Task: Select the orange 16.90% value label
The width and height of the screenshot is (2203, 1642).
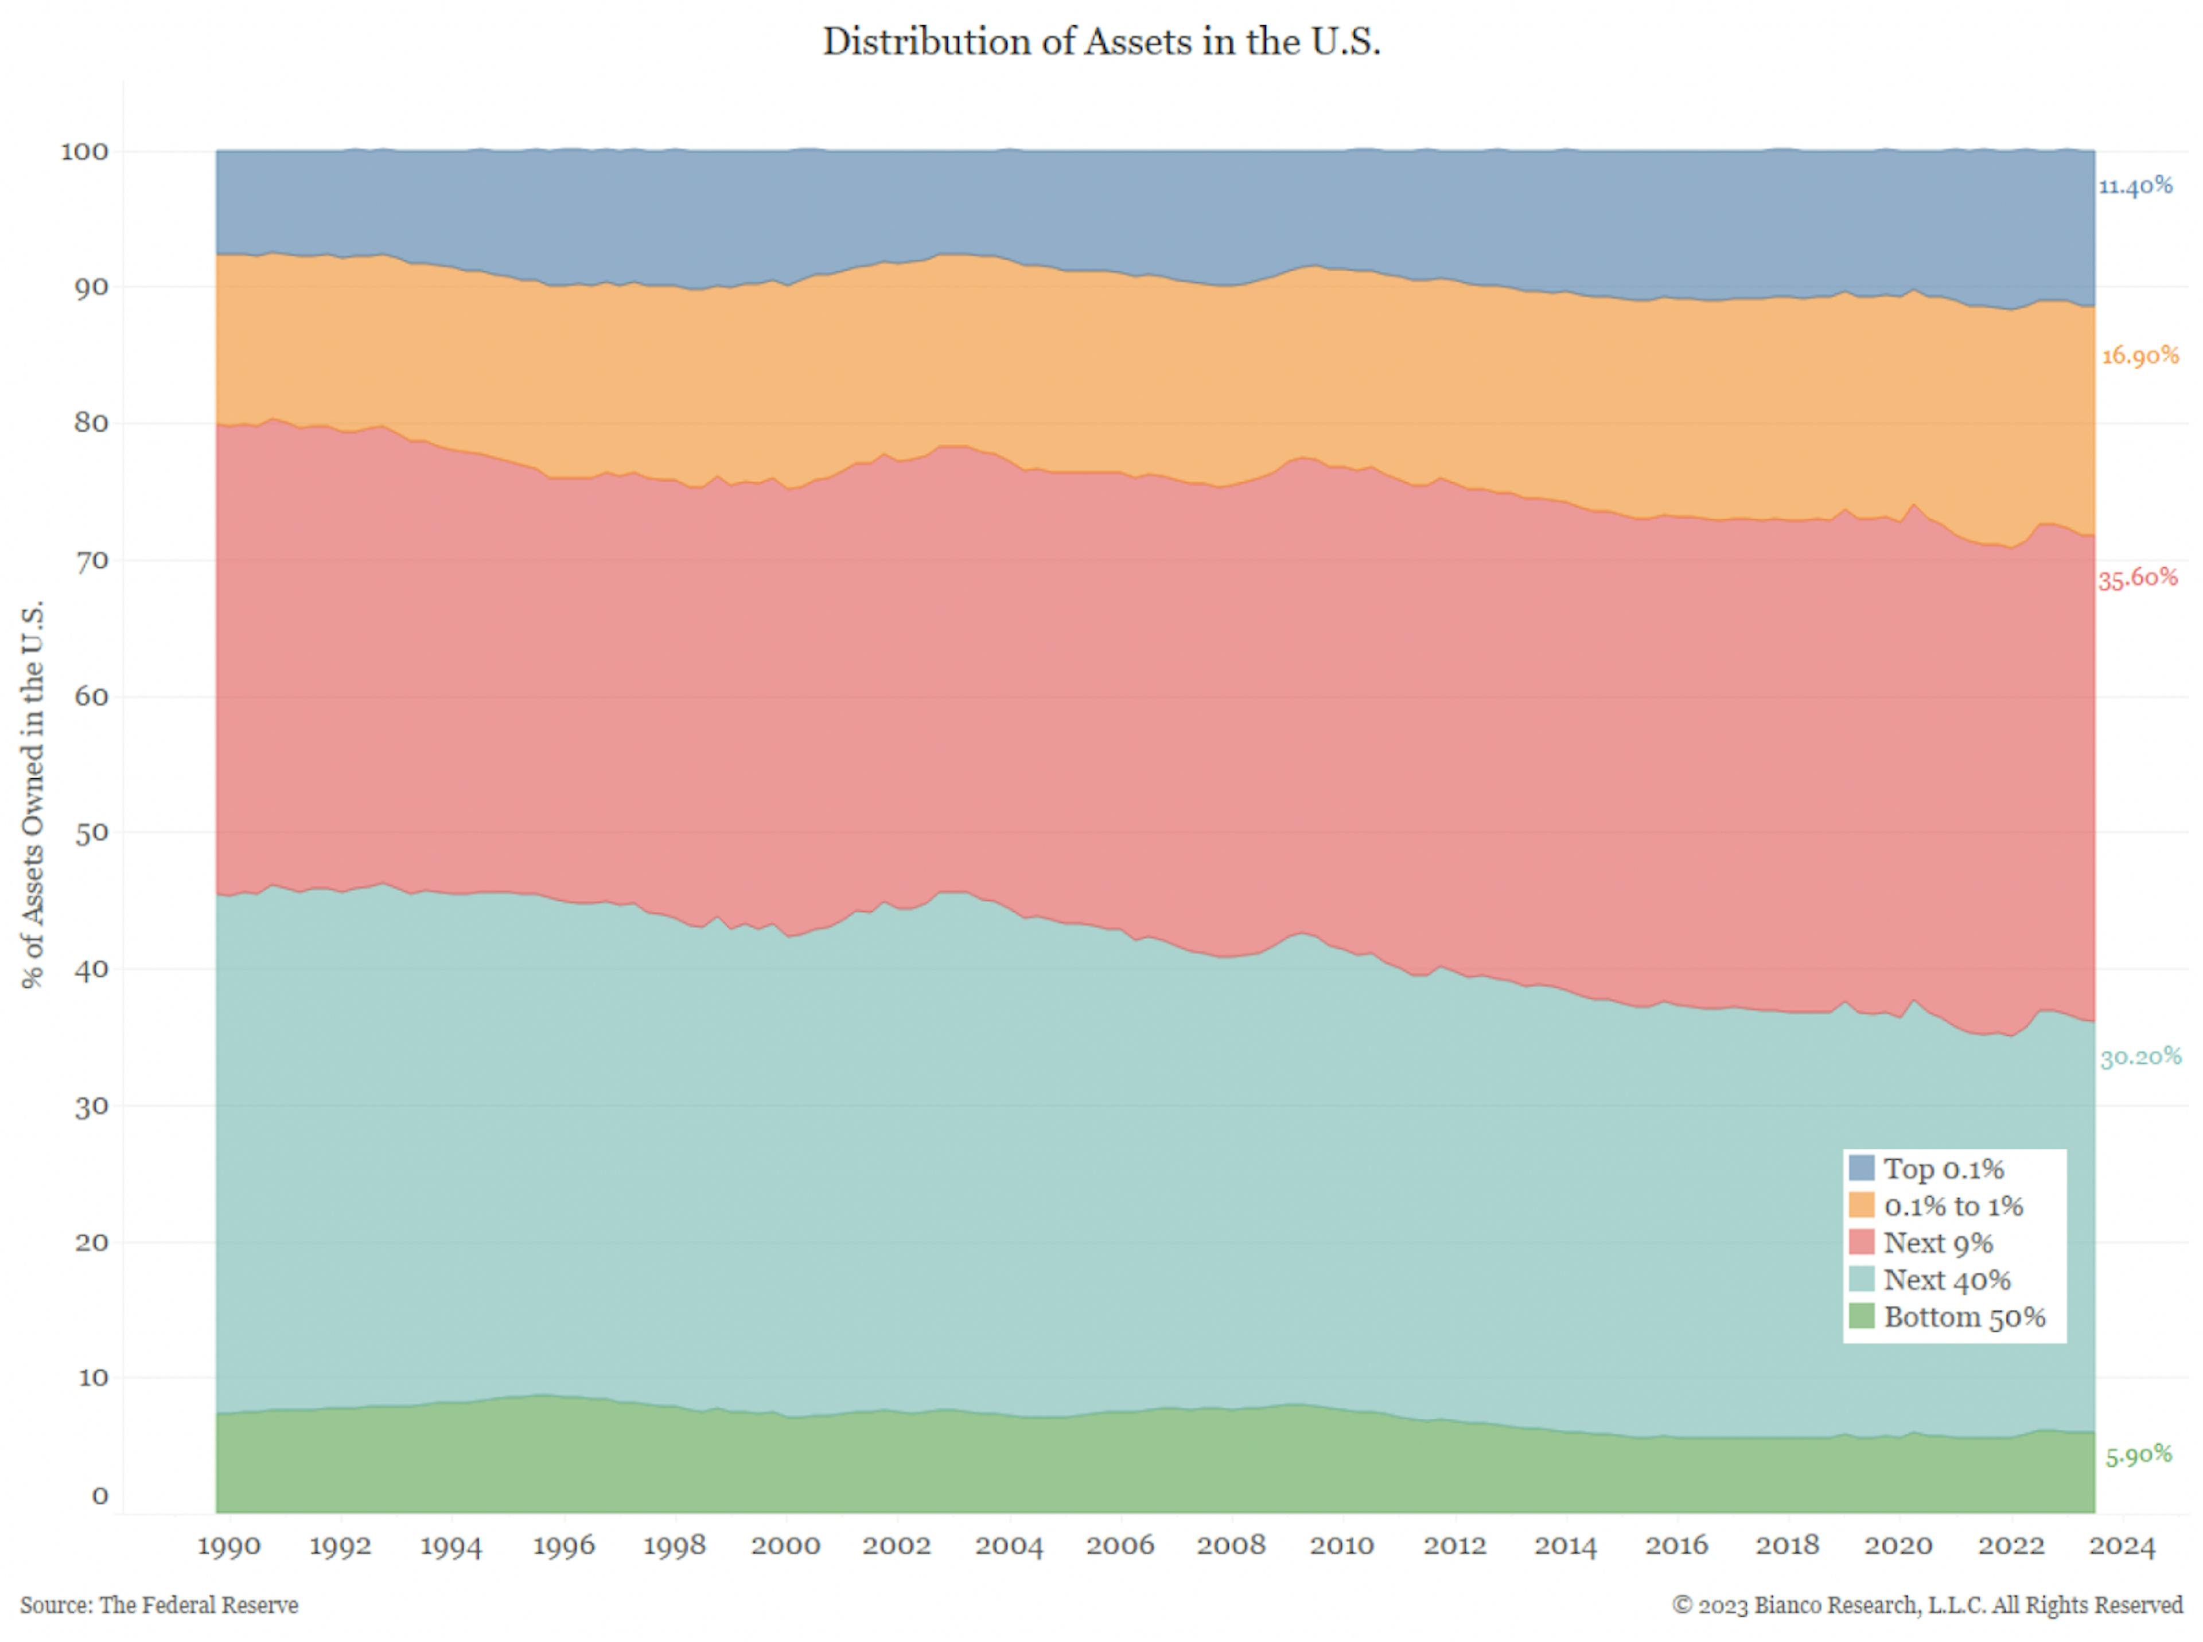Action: pyautogui.click(x=2139, y=356)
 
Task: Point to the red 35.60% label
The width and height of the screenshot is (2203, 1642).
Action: pyautogui.click(x=2138, y=578)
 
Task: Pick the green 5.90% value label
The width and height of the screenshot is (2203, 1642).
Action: pyautogui.click(x=2138, y=1455)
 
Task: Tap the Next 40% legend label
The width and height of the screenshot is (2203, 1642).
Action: pyautogui.click(x=1947, y=1280)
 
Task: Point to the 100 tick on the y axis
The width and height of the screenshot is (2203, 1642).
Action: pyautogui.click(x=84, y=152)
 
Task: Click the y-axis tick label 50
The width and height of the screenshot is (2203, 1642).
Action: pyautogui.click(x=91, y=833)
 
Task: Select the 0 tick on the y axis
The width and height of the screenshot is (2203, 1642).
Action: pyautogui.click(x=99, y=1496)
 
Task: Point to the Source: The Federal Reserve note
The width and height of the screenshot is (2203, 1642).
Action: pyautogui.click(x=159, y=1605)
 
